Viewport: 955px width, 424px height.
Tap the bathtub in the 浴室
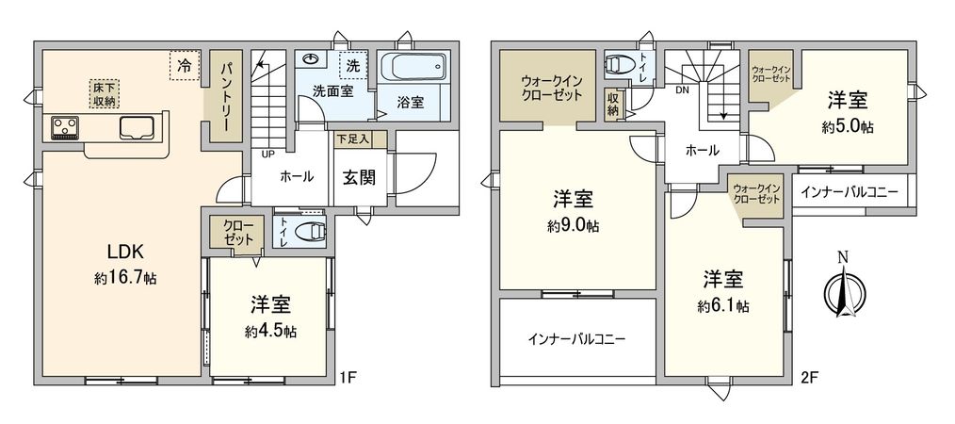pyautogui.click(x=414, y=69)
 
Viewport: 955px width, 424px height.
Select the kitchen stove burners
pyautogui.click(x=64, y=125)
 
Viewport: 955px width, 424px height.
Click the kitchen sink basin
pyautogui.click(x=135, y=127)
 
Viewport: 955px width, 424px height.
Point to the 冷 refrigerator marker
pyautogui.click(x=185, y=66)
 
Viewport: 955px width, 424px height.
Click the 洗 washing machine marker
pyautogui.click(x=352, y=66)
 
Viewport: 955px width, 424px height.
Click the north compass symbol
pyautogui.click(x=842, y=286)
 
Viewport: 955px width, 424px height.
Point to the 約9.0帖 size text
pyautogui.click(x=573, y=226)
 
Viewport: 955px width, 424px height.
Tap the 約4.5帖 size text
pyautogui.click(x=270, y=332)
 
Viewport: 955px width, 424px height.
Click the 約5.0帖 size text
pyautogui.click(x=848, y=126)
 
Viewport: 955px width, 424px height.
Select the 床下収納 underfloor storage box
pyautogui.click(x=105, y=93)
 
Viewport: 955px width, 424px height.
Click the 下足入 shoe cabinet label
pyautogui.click(x=353, y=139)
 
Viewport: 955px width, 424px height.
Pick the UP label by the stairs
pyautogui.click(x=268, y=154)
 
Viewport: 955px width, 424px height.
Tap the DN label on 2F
pyautogui.click(x=683, y=90)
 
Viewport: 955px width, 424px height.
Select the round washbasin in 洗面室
pyautogui.click(x=312, y=59)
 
